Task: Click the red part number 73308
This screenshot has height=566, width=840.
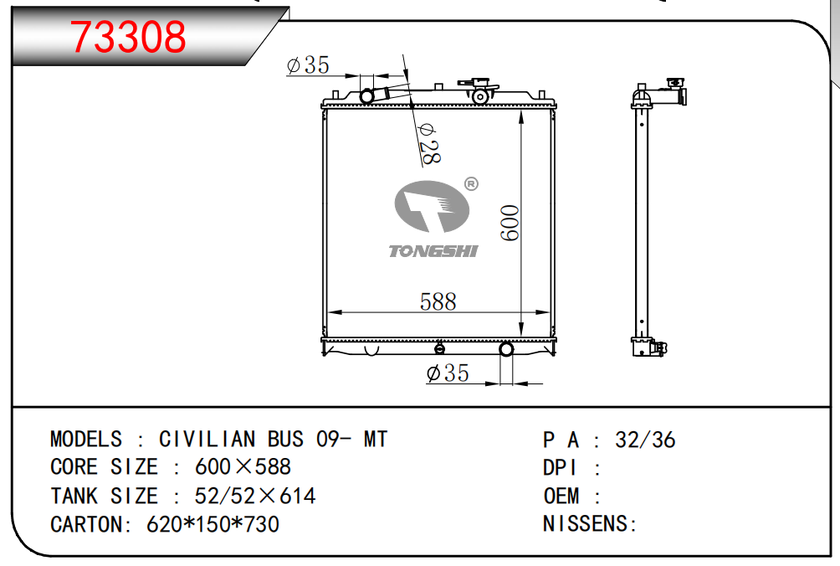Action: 128,37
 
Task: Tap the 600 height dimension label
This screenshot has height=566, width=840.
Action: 510,223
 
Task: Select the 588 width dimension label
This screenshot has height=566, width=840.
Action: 438,301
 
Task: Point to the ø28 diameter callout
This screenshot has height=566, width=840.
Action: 429,144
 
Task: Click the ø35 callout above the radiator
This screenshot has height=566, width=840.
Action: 308,65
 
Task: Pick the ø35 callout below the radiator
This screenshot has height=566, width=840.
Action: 448,373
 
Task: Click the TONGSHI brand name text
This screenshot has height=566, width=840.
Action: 433,251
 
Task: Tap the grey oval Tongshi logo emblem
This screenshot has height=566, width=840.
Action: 432,206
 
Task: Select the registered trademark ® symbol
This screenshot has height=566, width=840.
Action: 471,184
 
